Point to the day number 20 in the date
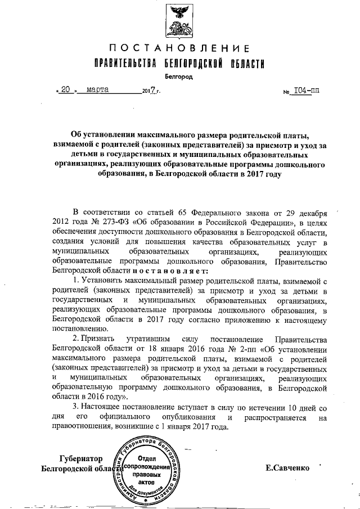67,89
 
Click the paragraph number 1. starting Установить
77,280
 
